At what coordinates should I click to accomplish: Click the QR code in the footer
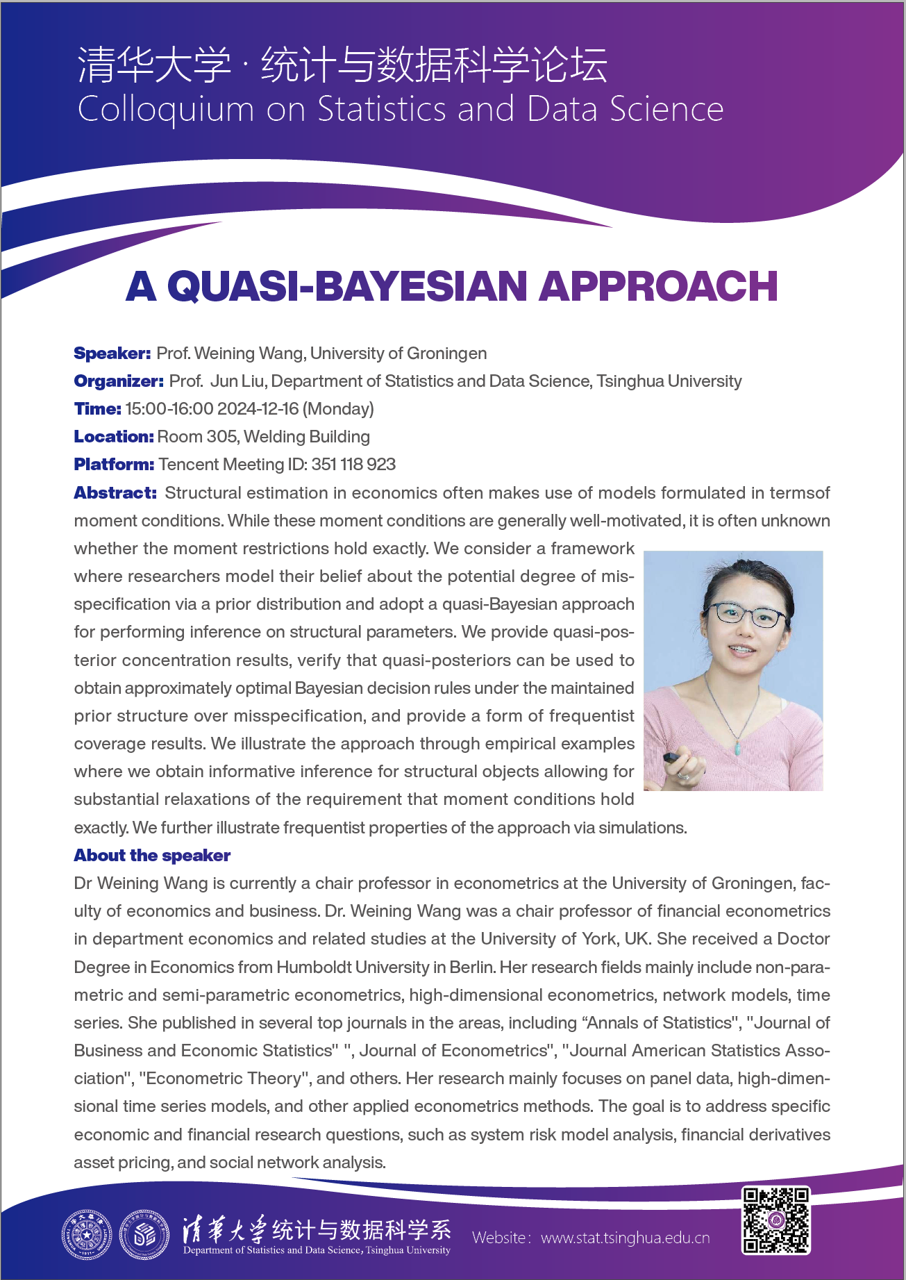[775, 1220]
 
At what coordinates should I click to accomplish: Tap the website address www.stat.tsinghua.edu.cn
[625, 1238]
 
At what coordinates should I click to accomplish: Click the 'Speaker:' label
[112, 354]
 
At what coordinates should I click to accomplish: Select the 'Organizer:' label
[119, 381]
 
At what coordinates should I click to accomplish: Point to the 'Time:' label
[97, 409]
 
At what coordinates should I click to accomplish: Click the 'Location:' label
[113, 437]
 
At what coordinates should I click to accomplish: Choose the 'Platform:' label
[114, 465]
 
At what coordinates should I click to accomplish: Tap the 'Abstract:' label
[115, 493]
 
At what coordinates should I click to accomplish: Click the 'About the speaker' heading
[152, 856]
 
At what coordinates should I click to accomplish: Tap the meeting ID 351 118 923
[353, 465]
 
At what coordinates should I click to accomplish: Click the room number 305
[221, 437]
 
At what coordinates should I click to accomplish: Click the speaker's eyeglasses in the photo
[746, 615]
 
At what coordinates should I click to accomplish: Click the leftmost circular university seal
[86, 1235]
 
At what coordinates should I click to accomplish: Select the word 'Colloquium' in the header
[166, 110]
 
